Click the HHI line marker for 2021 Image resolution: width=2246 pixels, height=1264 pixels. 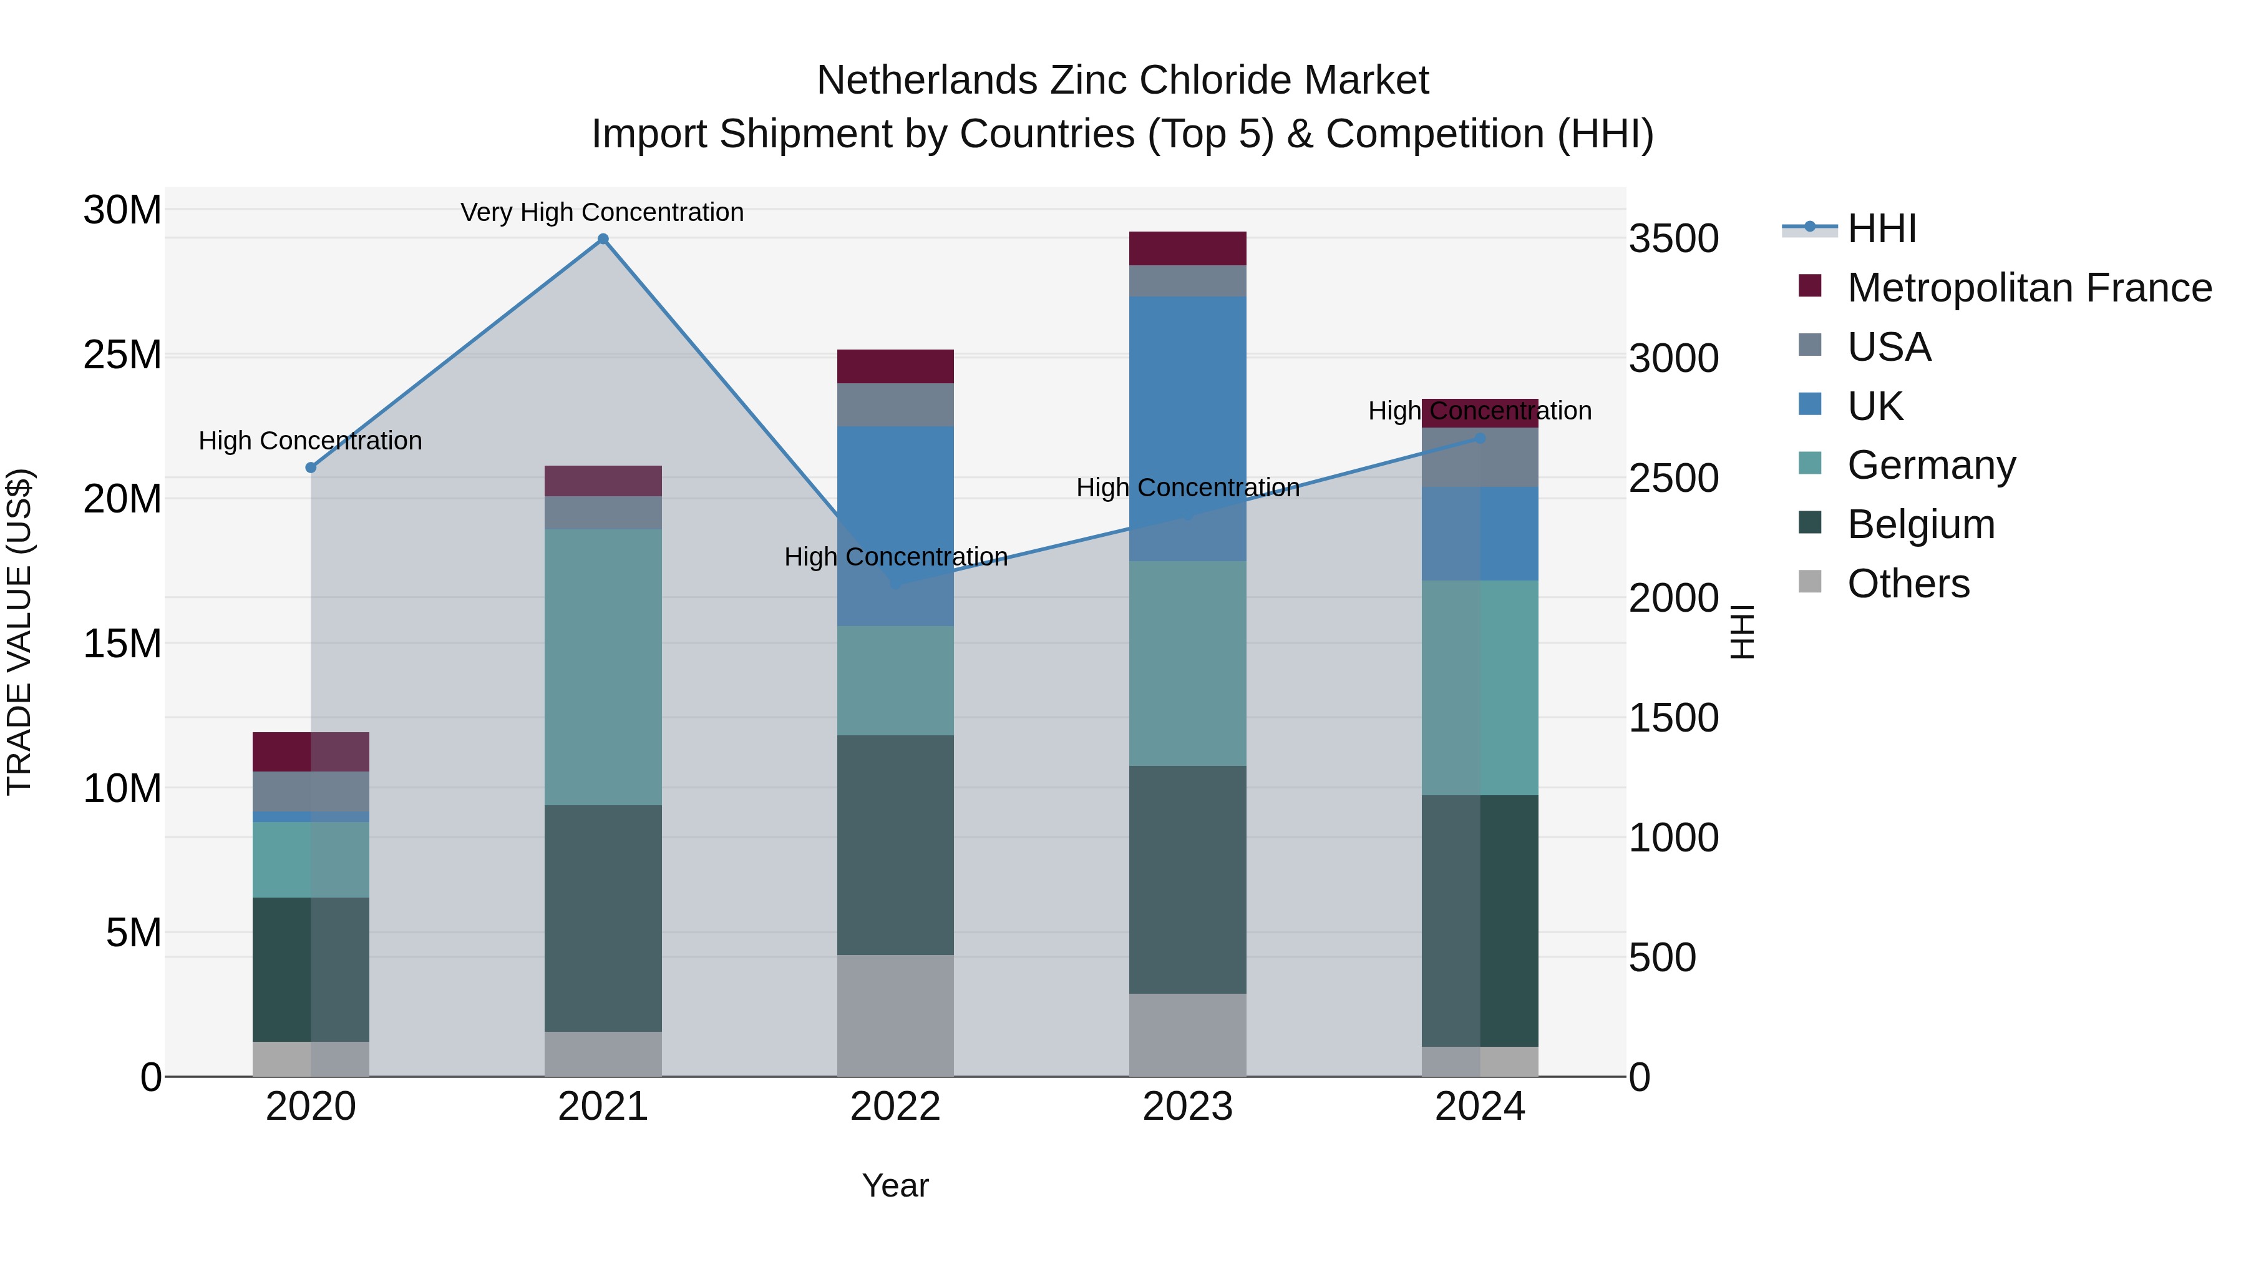tap(603, 239)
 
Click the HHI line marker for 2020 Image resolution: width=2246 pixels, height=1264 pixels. tap(311, 468)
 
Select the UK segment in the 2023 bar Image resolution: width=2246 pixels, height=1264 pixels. tap(1187, 428)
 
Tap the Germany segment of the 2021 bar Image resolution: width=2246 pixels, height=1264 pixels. tap(603, 667)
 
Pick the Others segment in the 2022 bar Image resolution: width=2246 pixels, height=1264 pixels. tap(895, 1016)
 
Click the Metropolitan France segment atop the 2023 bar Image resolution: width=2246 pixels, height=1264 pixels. tap(1187, 248)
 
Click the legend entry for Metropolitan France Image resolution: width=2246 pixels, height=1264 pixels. tap(2028, 288)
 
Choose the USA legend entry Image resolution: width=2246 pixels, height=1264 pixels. tap(1889, 347)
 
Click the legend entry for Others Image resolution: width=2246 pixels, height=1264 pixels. tap(1908, 584)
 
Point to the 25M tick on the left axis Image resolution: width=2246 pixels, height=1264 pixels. tap(122, 355)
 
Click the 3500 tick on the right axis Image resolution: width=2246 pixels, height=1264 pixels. tap(1673, 239)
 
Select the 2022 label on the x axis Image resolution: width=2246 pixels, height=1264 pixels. tap(895, 1107)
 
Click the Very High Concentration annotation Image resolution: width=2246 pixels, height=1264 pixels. tap(603, 212)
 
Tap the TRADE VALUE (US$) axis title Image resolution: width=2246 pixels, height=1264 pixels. tap(19, 632)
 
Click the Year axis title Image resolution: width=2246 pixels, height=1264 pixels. tap(895, 1185)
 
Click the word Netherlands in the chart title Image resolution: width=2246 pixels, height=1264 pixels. tap(926, 81)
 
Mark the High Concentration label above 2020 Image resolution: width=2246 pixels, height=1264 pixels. tap(311, 441)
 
